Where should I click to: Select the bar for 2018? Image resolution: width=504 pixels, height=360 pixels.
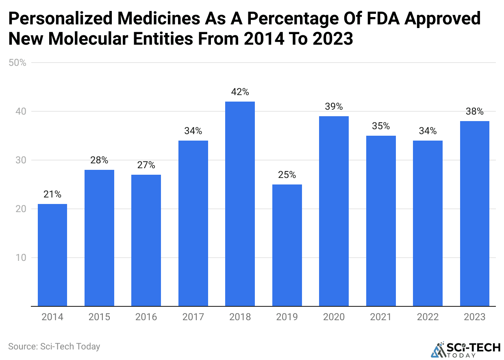coord(240,204)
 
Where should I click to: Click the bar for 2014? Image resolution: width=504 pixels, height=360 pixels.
coord(52,255)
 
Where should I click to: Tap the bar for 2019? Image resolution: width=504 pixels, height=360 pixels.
coord(287,245)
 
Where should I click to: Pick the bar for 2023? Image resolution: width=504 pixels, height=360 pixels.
coord(474,213)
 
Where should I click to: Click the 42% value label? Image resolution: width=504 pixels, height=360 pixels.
coord(240,92)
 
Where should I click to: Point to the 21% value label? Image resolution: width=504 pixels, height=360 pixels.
coord(52,194)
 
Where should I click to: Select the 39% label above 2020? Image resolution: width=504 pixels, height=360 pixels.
coord(334,106)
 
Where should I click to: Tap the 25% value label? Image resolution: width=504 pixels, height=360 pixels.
coord(287,175)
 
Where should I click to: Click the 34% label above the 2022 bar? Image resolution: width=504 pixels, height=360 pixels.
coord(428,131)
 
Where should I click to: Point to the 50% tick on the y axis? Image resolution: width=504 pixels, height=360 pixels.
coord(17,63)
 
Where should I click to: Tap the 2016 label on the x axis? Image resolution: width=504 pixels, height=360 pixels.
coord(146,317)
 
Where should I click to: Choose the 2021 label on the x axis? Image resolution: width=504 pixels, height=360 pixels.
coord(381,317)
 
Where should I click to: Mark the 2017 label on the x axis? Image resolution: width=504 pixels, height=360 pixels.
coord(193,317)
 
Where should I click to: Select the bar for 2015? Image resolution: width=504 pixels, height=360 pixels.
coord(99,238)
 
